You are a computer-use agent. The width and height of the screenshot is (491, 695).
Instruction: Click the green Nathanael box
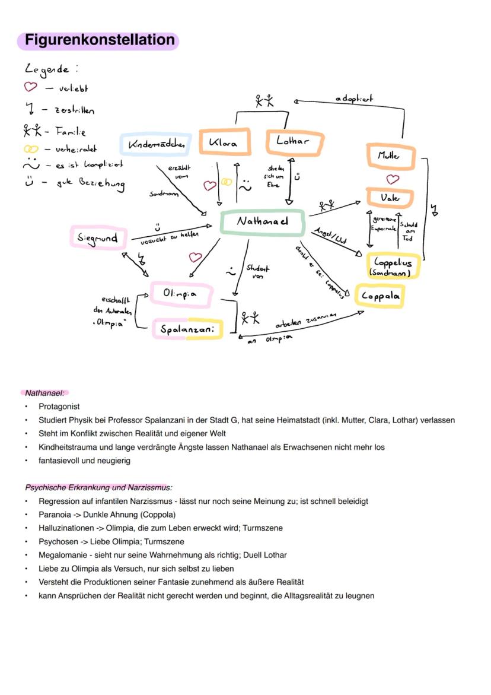coord(263,222)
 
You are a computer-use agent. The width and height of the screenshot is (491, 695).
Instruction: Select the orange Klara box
coord(224,143)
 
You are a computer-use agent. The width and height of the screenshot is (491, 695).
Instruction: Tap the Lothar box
coord(294,142)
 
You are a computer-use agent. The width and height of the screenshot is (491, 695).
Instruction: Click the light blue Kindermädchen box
coord(156,144)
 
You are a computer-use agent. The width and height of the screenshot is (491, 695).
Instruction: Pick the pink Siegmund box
coord(98,238)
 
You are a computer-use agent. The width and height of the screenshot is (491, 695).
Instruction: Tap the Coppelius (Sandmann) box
coord(394,266)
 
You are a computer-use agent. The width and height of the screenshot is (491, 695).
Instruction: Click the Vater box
coord(390,198)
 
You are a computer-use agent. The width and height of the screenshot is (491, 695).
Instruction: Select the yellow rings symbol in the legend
coord(31,150)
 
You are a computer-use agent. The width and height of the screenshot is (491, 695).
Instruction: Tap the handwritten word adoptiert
coord(354,99)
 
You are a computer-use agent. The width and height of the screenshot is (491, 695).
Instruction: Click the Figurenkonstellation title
coord(98,40)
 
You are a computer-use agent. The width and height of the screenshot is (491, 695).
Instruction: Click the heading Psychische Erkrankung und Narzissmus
coord(98,487)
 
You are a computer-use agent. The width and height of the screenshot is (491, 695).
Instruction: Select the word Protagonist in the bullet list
coord(59,407)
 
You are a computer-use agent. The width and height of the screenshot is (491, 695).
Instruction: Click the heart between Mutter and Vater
coord(393,178)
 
